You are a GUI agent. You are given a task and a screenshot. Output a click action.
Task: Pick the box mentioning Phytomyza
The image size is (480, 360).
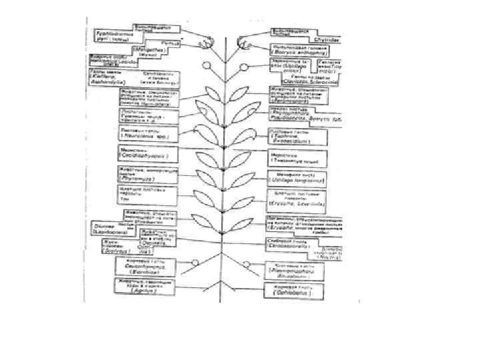tap(146, 175)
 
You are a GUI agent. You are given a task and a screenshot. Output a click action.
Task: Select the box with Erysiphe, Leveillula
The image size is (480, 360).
tap(297, 198)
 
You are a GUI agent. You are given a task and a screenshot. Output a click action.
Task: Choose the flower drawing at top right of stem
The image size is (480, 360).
tap(246, 42)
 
